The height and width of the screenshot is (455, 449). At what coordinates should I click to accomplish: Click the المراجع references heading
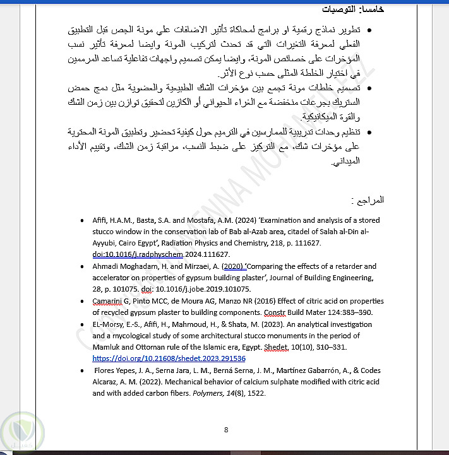[x=368, y=200]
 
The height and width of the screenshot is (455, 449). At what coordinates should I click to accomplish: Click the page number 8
[x=225, y=430]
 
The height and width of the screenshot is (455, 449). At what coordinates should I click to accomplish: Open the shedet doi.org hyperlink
[x=169, y=358]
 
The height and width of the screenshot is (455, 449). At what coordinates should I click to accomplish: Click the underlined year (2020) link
[x=234, y=266]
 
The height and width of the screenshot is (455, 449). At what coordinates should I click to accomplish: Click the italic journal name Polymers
[x=207, y=393]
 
